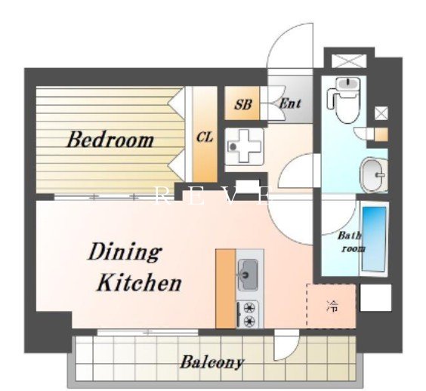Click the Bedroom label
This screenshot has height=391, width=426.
(110, 140)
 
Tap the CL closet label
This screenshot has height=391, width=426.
(205, 137)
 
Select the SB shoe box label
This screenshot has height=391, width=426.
(243, 104)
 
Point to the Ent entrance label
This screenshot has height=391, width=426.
(290, 103)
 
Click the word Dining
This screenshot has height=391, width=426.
(125, 252)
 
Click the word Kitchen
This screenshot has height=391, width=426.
(140, 282)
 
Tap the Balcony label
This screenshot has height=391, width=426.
(211, 362)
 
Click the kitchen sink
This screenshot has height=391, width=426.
(248, 275)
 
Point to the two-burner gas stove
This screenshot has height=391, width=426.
(248, 315)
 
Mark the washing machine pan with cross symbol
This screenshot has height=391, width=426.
(245, 146)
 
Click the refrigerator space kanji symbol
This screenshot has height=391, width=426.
(333, 306)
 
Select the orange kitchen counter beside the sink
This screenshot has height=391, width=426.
(226, 288)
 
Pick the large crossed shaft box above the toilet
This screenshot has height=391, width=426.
(349, 61)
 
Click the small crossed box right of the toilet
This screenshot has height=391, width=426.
(381, 113)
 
